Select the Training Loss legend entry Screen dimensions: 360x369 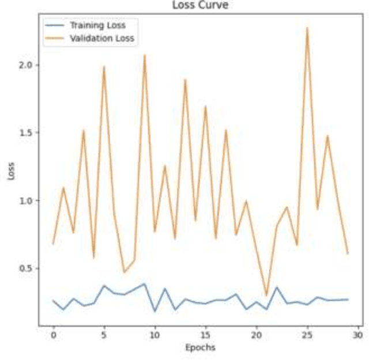[97, 25]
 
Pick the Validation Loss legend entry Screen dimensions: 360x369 [101, 39]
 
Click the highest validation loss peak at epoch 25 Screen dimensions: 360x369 [307, 28]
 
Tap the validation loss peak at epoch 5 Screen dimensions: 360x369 [104, 67]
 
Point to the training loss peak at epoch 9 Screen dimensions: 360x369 [145, 284]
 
